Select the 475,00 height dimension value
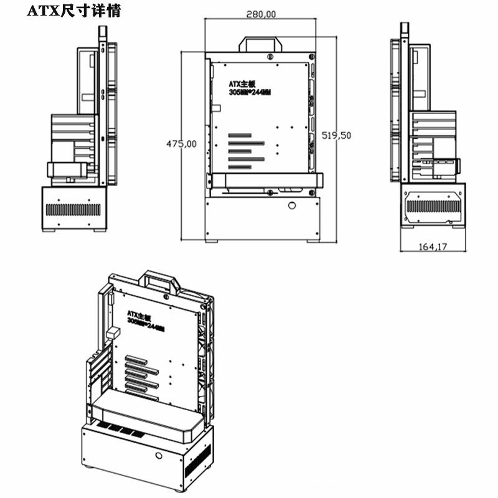click(x=181, y=144)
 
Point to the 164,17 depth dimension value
click(x=433, y=247)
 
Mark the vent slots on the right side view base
click(x=433, y=206)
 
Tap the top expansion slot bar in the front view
click(x=240, y=135)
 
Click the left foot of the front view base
click(x=212, y=240)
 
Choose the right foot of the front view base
click(x=312, y=240)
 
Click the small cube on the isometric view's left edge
click(x=113, y=334)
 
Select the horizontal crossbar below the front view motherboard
click(x=265, y=181)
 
